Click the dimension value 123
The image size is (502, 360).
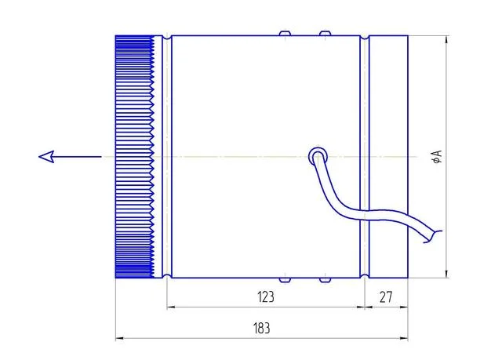coord(266,297)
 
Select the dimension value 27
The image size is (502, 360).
coord(385,297)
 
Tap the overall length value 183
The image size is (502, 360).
coord(261,329)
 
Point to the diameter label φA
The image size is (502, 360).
coord(438,157)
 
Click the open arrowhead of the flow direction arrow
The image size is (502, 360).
coord(46,157)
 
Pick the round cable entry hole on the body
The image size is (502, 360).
coord(318,157)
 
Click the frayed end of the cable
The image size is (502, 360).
coord(433,237)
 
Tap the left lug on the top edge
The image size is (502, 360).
coord(285,33)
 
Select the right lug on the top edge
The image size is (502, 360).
coord(325,33)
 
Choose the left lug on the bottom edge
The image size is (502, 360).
coord(285,280)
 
